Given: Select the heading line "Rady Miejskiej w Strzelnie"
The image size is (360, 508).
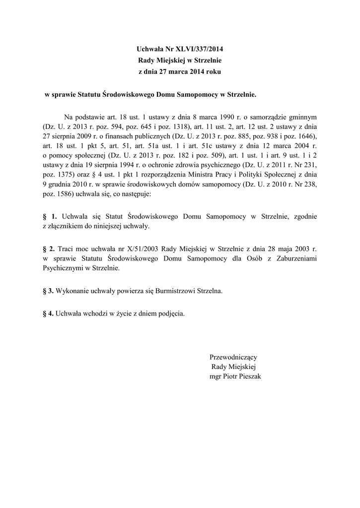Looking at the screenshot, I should [x=180, y=60].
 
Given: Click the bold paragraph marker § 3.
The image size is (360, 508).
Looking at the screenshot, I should [x=48, y=291].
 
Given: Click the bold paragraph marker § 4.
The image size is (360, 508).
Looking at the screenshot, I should [x=48, y=314].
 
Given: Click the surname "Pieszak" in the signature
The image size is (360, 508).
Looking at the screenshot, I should [x=249, y=377].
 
